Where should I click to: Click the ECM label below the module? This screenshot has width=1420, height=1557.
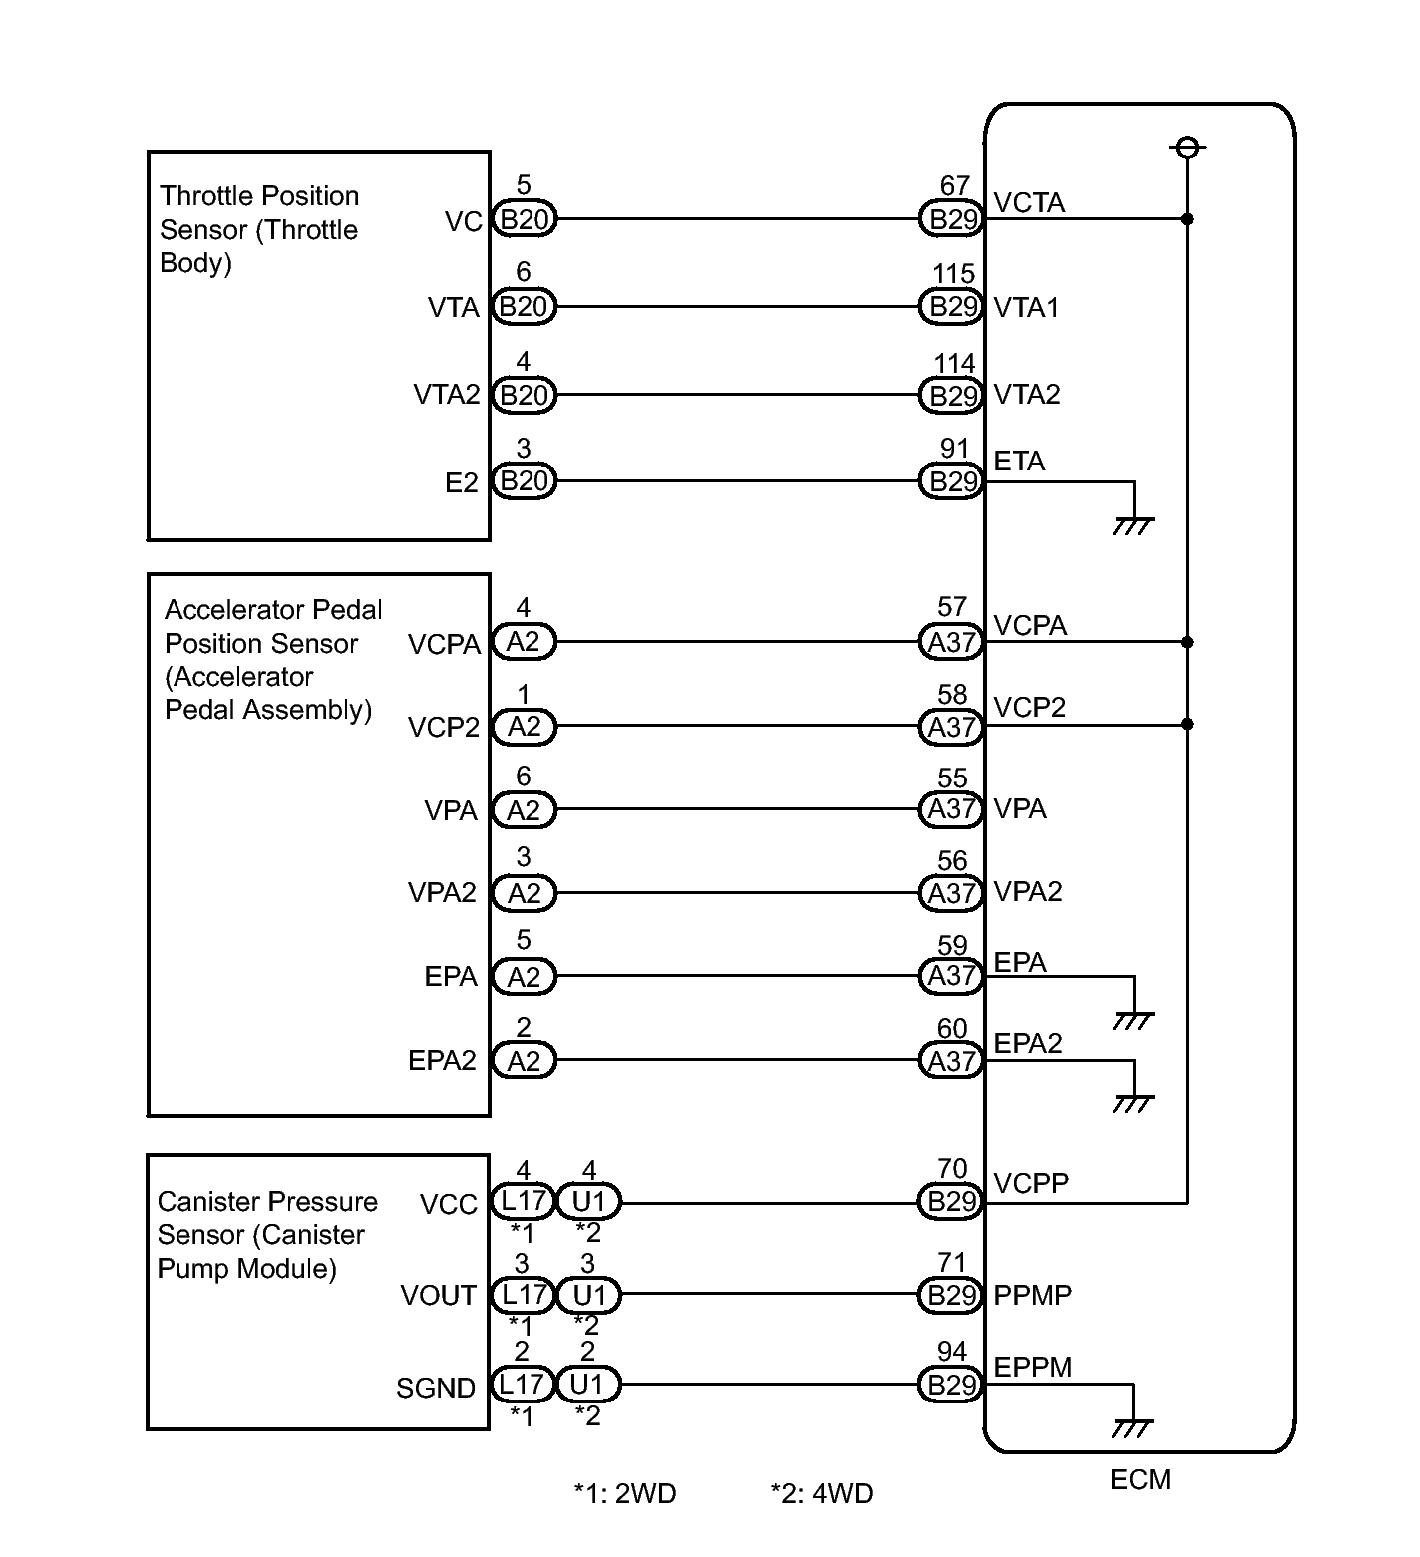pos(1140,1479)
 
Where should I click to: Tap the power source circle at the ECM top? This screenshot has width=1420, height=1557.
pos(1187,148)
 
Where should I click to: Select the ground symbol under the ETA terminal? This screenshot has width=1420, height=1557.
pos(1133,524)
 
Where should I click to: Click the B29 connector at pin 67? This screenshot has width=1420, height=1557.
pos(952,219)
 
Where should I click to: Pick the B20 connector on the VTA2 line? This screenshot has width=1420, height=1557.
pos(524,395)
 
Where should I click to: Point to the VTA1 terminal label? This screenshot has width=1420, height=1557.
pos(1026,307)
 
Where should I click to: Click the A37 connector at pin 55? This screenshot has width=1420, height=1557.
pos(952,809)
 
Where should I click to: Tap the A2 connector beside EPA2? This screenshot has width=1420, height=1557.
pos(524,1061)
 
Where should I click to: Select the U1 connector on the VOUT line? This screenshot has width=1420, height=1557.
pos(588,1295)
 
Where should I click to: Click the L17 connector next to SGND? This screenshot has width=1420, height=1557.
pos(522,1384)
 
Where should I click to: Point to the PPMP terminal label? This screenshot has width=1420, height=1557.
pos(1033,1295)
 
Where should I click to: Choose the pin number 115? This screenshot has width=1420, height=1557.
pos(953,274)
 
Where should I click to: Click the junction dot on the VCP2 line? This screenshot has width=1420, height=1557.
pos(1187,724)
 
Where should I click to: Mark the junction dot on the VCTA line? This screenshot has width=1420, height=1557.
pos(1187,219)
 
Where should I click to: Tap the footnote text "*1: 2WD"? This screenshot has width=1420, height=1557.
pos(625,1493)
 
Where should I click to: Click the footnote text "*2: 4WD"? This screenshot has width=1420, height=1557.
pos(822,1493)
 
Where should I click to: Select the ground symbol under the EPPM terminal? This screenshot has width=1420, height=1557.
pos(1132,1427)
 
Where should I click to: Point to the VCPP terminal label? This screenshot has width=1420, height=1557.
pos(1031,1183)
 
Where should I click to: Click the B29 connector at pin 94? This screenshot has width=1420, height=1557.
pos(952,1385)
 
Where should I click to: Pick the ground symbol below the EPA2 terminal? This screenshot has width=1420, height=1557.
pos(1133,1103)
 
